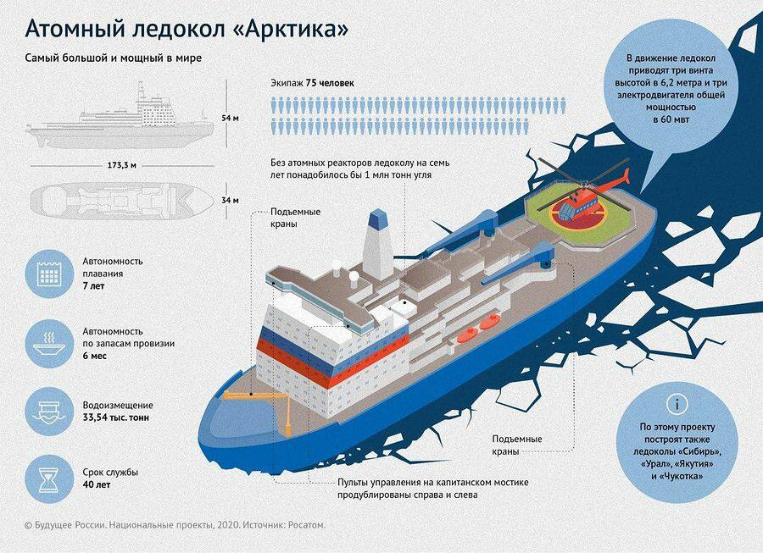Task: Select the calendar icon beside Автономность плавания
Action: point(47,272)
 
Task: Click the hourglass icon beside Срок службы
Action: point(47,478)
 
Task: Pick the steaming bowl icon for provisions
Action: point(47,341)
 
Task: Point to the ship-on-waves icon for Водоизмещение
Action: point(47,410)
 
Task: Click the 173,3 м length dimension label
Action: point(124,164)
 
